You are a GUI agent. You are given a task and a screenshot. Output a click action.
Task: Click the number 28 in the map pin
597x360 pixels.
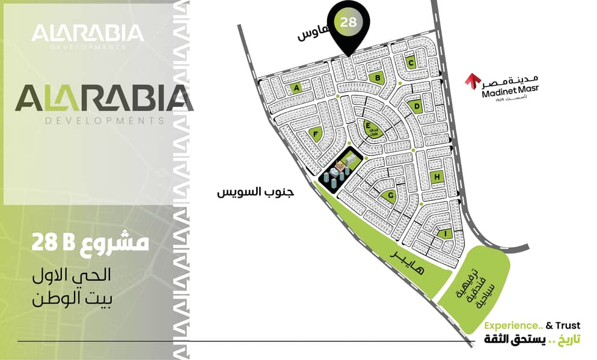click(x=347, y=23)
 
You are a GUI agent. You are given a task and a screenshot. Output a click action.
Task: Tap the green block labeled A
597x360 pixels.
click(x=296, y=88)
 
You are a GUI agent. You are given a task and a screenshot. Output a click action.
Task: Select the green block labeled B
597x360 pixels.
click(x=377, y=77)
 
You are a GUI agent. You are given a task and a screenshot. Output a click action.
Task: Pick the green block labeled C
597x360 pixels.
click(x=411, y=62)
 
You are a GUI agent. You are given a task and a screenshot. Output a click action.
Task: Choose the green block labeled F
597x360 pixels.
click(x=315, y=135)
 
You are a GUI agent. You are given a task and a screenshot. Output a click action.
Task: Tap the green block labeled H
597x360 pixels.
click(x=438, y=177)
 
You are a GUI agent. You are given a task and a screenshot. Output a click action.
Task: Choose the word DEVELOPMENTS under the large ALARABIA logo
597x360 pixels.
click(x=104, y=121)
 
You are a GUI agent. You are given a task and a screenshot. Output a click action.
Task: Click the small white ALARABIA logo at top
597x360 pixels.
click(x=87, y=33)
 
